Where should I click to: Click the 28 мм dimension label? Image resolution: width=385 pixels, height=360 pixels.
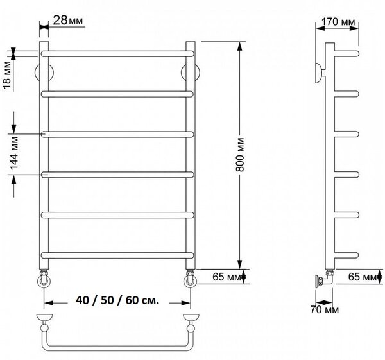point(68,20)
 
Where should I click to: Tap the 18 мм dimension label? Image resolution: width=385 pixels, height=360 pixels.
point(7,76)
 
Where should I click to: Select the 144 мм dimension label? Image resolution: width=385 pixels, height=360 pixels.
point(14,153)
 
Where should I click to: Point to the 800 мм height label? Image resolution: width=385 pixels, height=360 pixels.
point(240,155)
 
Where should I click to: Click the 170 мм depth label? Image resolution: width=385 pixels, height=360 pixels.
point(338,22)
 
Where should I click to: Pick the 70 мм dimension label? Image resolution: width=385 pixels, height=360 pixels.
point(324,310)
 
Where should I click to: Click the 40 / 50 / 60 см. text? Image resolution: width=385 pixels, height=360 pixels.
point(117,300)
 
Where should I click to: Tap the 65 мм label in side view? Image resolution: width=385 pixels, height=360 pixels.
point(363,277)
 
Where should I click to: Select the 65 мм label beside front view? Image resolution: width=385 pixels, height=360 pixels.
point(227,277)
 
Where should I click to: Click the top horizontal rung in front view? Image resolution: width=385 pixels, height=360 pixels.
point(117,54)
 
